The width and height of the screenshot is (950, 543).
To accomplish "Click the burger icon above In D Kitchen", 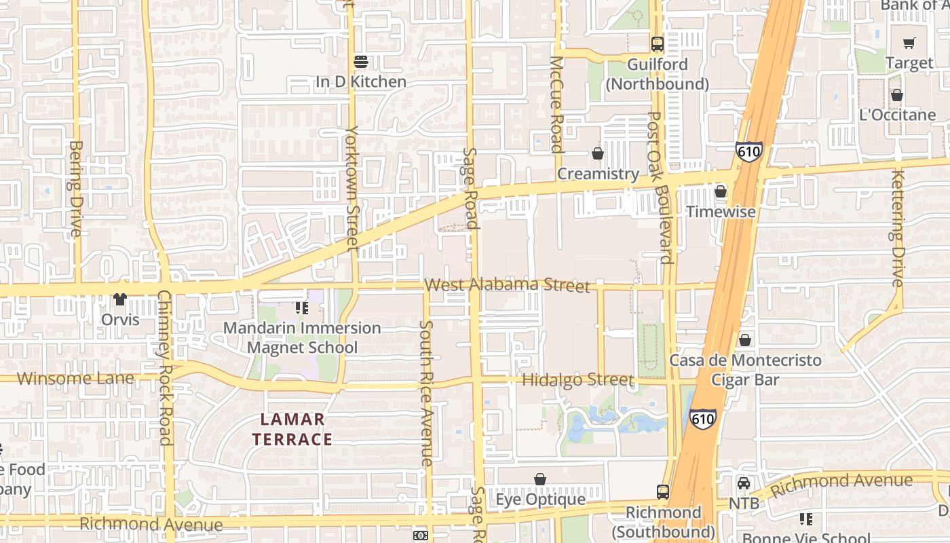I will click(x=361, y=62).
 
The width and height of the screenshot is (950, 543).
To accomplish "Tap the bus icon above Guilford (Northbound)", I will click(x=657, y=44).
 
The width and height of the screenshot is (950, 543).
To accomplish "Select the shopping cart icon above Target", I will click(x=909, y=43).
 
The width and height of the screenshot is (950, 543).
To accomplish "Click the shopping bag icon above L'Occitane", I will click(x=897, y=95).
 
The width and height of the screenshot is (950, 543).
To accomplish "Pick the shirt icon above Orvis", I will click(x=120, y=299).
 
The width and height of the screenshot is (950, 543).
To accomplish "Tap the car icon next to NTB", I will click(x=744, y=483).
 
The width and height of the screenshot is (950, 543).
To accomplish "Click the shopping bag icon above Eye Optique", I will click(x=540, y=480).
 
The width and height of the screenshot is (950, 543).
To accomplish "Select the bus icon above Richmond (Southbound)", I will click(x=663, y=492).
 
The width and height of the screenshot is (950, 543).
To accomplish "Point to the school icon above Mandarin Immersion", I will click(x=302, y=308).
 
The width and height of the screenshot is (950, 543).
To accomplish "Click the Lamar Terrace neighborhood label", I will click(x=292, y=429).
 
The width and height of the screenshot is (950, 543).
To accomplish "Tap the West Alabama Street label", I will click(x=508, y=284).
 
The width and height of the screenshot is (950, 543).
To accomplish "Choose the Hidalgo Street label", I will click(x=577, y=379).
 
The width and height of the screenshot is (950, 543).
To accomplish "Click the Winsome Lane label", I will click(x=75, y=378).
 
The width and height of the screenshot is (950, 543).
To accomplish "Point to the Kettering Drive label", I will click(x=898, y=228).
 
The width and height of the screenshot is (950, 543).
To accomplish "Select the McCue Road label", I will click(x=556, y=105).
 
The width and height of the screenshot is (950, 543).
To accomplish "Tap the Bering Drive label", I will click(x=75, y=189).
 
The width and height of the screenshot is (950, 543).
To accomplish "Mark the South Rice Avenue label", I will click(x=426, y=394).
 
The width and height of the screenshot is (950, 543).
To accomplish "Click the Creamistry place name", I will click(x=598, y=174).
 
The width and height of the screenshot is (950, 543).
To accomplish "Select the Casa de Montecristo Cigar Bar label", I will click(x=745, y=370).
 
